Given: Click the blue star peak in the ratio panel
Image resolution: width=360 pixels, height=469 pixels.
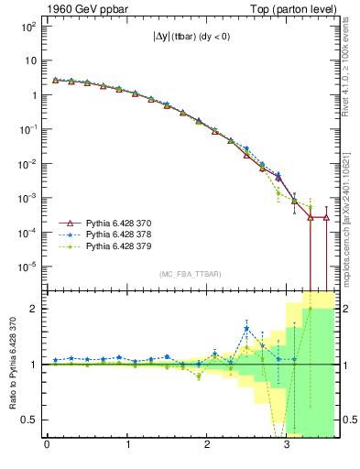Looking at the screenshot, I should pyautogui.click(x=246, y=329).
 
